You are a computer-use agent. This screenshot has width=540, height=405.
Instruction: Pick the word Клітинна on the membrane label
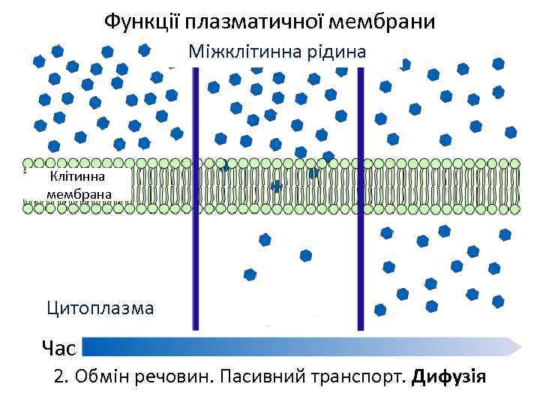click(x=78, y=177)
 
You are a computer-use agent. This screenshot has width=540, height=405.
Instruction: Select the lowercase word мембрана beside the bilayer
click(x=78, y=194)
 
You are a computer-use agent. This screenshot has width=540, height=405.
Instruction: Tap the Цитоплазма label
click(x=100, y=307)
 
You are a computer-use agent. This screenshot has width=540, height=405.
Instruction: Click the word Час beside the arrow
click(x=59, y=348)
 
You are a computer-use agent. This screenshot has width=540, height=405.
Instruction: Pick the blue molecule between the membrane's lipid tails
click(x=277, y=185)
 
